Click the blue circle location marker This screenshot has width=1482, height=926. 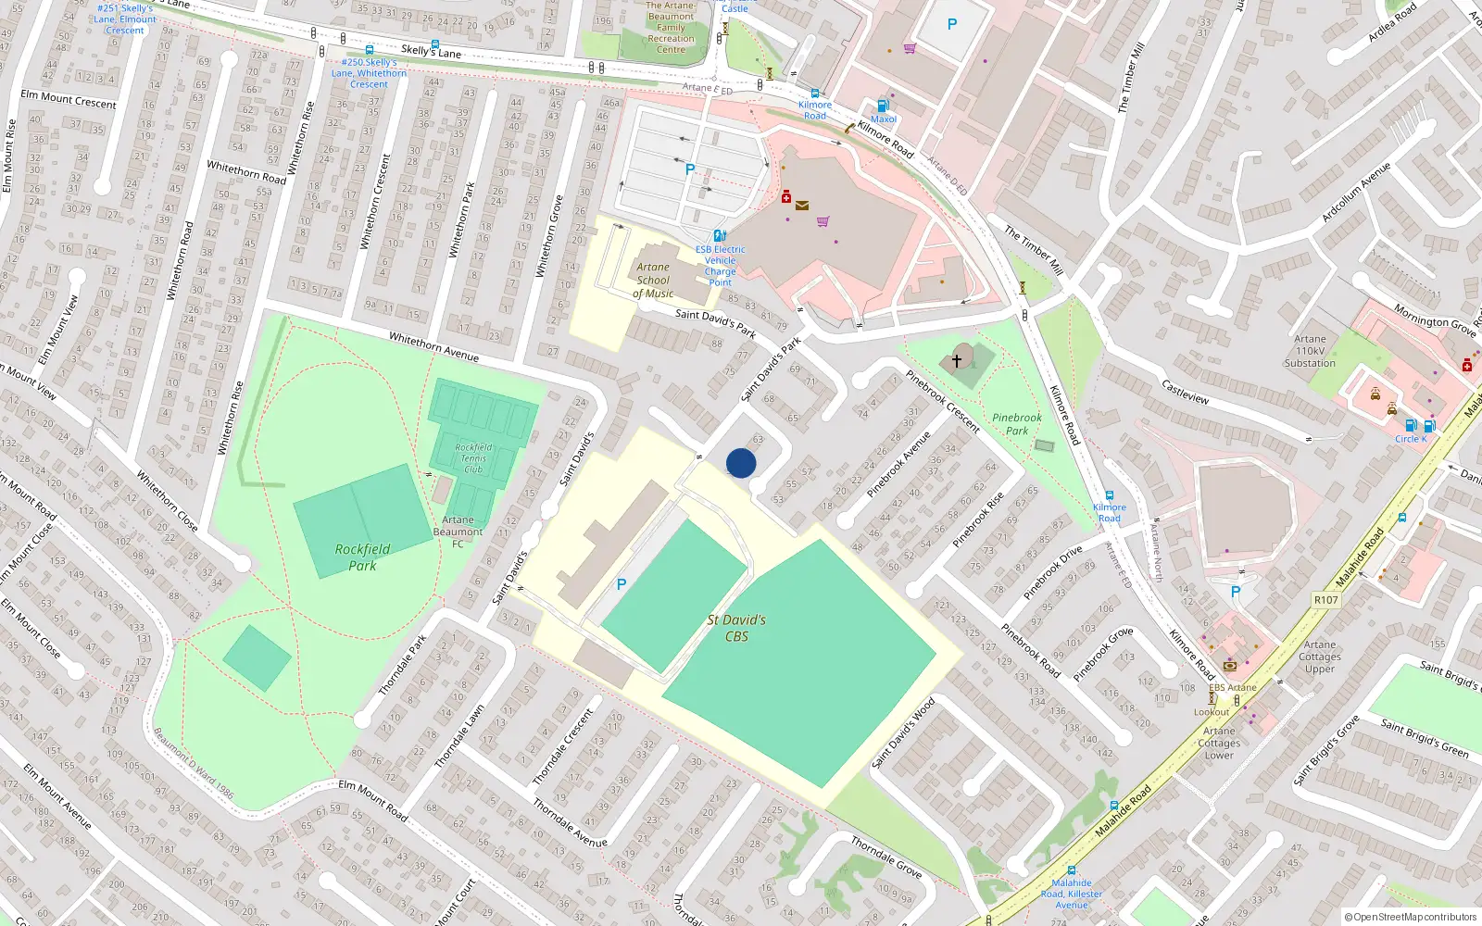click(x=741, y=462)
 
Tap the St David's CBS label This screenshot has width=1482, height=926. click(x=736, y=628)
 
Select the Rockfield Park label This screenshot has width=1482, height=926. click(x=362, y=557)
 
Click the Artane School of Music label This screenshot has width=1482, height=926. click(x=653, y=280)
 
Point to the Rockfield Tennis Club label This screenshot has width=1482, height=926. click(x=473, y=457)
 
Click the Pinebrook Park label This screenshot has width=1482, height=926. click(x=1016, y=424)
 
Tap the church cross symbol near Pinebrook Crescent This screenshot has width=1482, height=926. click(x=957, y=360)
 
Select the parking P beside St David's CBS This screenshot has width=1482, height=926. click(x=622, y=584)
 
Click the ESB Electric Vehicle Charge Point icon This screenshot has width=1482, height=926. click(x=720, y=236)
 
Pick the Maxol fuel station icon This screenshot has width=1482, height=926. click(x=883, y=106)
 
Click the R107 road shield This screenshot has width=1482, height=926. click(x=1325, y=600)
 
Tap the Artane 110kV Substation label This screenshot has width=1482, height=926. click(x=1310, y=351)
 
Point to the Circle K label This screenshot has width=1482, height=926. click(x=1411, y=439)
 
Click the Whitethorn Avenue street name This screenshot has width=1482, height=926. click(x=433, y=346)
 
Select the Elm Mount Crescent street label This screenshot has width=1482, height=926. click(x=69, y=99)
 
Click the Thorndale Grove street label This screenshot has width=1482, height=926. click(x=886, y=857)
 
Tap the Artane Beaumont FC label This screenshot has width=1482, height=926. click(x=458, y=532)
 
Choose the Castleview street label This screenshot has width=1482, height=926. click(x=1185, y=392)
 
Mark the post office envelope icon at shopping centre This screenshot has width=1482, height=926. click(x=802, y=206)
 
